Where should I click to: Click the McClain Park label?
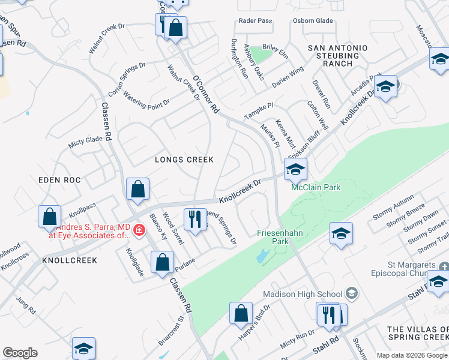[316, 187]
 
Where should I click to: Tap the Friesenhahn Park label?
[274, 237]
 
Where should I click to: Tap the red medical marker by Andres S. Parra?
[139, 230]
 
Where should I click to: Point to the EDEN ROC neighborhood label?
[59, 180]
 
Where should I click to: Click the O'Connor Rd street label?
[206, 93]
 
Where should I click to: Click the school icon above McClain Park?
[295, 170]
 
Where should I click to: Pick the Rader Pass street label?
[255, 20]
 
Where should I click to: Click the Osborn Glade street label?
[312, 20]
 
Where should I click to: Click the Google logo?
[20, 353]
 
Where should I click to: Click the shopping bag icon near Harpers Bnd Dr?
[241, 314]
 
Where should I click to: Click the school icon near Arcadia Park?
[386, 87]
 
